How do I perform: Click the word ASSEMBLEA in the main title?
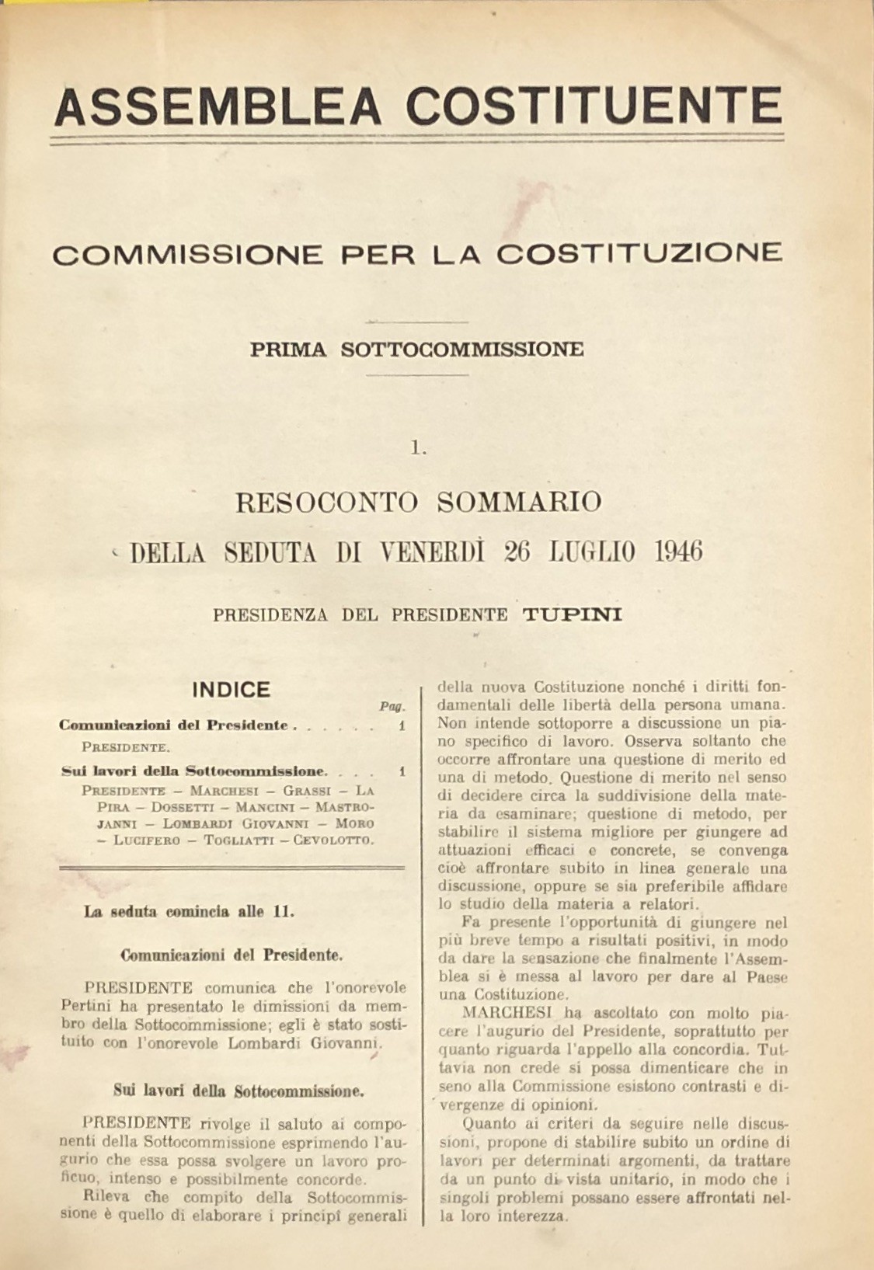click(x=218, y=106)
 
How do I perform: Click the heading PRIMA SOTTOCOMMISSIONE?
click(x=416, y=349)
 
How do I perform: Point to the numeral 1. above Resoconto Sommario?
click(x=420, y=447)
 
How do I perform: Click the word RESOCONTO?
click(x=329, y=502)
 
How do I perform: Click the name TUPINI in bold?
click(x=572, y=615)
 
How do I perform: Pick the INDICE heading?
click(x=231, y=689)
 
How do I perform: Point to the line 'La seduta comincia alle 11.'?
click(x=189, y=912)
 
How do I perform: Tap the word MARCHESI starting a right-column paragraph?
click(x=495, y=1014)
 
